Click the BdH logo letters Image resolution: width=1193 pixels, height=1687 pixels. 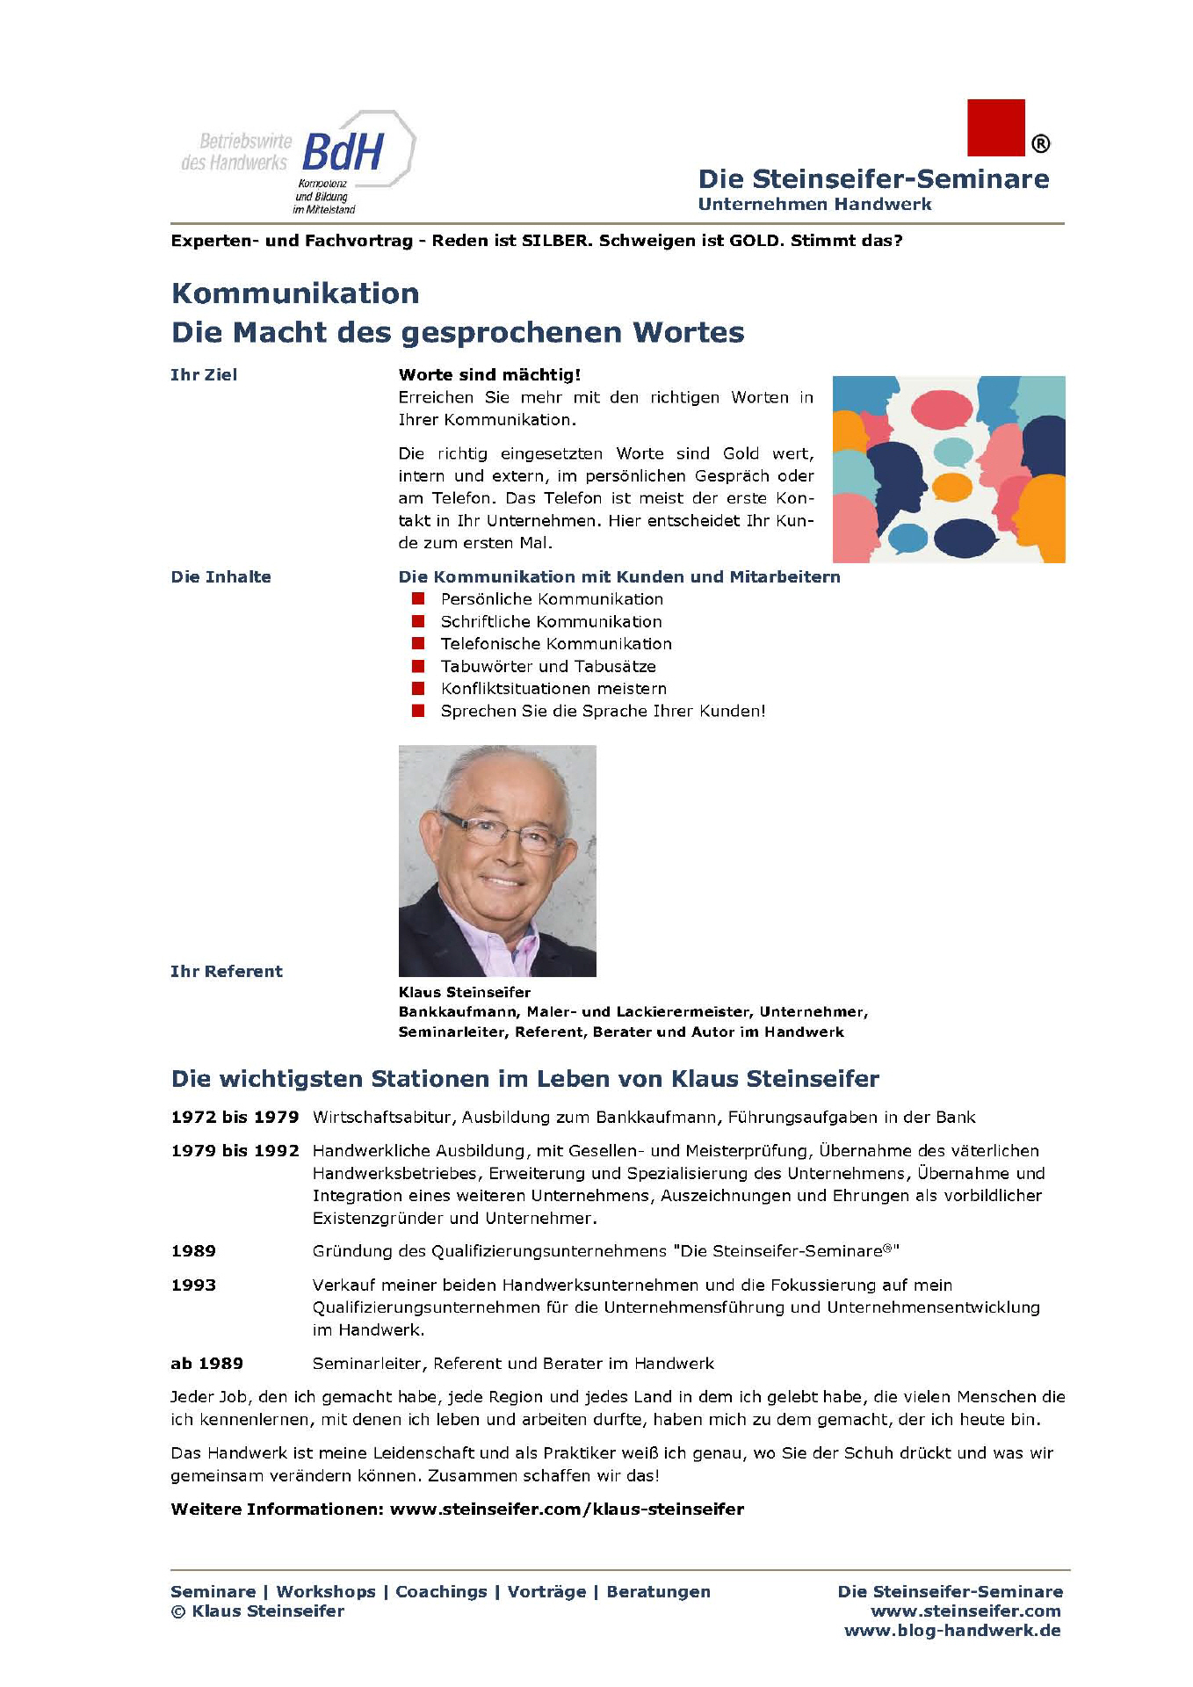[343, 152]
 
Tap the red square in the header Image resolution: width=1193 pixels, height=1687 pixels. [995, 127]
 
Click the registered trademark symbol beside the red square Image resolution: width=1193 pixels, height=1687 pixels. [1040, 143]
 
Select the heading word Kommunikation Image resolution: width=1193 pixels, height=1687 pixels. [295, 293]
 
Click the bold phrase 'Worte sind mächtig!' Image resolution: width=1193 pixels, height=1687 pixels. [489, 375]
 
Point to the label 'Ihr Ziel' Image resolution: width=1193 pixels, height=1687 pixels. [204, 375]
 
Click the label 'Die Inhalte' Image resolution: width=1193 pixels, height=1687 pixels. [221, 577]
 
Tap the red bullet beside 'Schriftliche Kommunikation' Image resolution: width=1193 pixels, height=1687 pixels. [418, 621]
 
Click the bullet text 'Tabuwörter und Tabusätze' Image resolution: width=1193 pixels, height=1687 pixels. [548, 667]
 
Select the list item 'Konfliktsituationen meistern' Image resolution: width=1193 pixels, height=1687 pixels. [553, 689]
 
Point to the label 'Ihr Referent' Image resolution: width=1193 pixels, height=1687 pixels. [227, 972]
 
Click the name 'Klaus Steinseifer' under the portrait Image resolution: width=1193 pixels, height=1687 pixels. [465, 993]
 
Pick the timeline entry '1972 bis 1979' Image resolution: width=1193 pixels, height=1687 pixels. [235, 1118]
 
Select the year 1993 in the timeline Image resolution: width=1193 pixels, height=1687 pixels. [193, 1285]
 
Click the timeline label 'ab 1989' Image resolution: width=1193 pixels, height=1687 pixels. [206, 1364]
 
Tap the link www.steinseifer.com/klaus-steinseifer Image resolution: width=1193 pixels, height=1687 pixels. [567, 1510]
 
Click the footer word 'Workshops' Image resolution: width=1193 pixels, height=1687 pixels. [326, 1592]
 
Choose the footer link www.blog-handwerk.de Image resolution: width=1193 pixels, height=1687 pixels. [952, 1632]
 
